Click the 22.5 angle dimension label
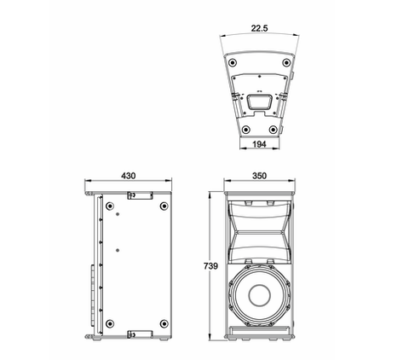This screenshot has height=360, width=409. click(259, 28)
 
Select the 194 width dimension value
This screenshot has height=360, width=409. click(259, 144)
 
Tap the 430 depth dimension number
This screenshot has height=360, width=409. click(129, 176)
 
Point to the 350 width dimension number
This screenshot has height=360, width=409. click(259, 176)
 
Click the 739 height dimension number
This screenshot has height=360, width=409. click(210, 266)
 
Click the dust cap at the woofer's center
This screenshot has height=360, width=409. click(259, 295)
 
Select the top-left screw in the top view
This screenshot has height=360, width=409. click(233, 62)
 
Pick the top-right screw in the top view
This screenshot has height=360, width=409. click(286, 62)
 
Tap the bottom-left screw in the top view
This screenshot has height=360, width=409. click(245, 130)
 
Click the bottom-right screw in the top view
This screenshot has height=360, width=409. click(273, 130)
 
